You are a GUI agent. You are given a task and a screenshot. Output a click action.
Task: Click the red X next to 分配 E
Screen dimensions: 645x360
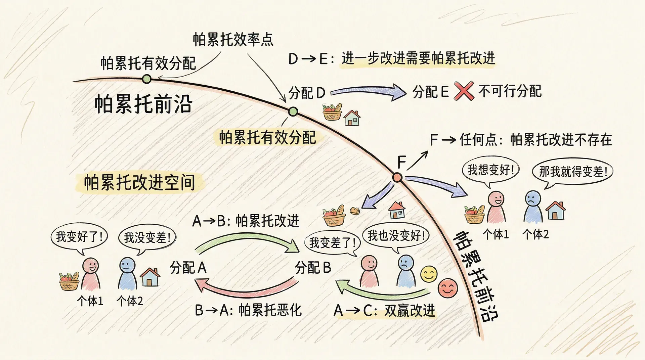[x=464, y=91]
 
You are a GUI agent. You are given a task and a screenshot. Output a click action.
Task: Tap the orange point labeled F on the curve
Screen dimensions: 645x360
[x=397, y=177]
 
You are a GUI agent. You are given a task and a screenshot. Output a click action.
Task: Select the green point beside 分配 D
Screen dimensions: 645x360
[x=293, y=111]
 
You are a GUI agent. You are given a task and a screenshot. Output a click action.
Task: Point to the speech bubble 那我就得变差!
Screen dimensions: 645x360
[x=572, y=172]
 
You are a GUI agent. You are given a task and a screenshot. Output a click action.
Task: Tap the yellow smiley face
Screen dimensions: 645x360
[x=429, y=274]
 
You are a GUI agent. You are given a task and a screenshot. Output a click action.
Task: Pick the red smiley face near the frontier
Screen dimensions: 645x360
[x=448, y=288]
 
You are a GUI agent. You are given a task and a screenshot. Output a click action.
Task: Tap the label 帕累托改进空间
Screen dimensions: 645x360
[x=139, y=183]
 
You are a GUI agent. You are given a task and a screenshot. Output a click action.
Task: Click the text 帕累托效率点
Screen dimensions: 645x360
[x=233, y=40]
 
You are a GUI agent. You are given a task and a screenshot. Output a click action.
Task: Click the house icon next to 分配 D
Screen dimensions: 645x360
[x=352, y=118]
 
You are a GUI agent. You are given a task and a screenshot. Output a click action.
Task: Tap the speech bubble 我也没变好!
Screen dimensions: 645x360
[x=396, y=236]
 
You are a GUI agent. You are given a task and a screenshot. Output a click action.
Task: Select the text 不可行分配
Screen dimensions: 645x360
[x=510, y=91]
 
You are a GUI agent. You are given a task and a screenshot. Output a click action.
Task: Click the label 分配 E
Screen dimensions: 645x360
[x=431, y=92]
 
